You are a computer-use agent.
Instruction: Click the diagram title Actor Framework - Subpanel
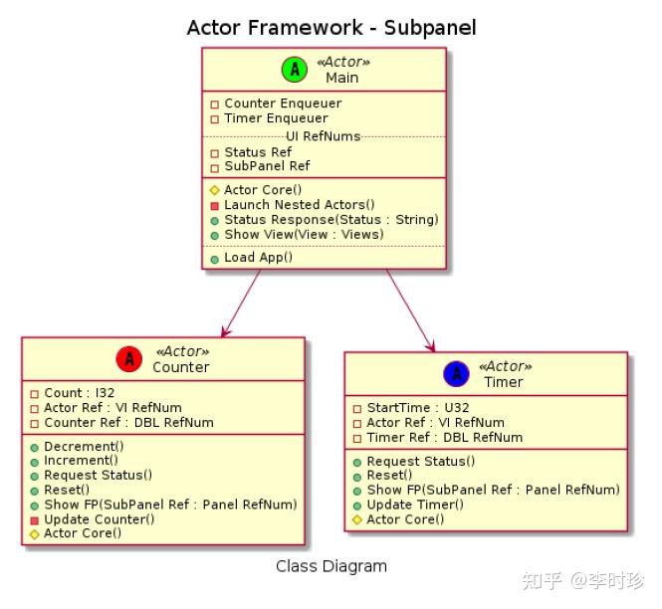(331, 28)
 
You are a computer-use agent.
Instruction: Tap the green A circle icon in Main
(294, 69)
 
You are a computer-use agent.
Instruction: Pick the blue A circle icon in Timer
(456, 373)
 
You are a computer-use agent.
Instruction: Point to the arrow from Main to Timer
(410, 309)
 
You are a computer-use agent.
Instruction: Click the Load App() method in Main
(258, 257)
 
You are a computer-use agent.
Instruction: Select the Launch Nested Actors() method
(299, 204)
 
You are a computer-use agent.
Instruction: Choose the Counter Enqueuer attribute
(283, 103)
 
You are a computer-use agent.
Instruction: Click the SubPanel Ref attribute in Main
(267, 166)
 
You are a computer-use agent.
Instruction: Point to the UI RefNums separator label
(323, 135)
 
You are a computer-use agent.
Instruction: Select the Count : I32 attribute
(79, 393)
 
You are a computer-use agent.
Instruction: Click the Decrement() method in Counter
(84, 446)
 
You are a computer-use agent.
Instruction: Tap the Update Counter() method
(99, 518)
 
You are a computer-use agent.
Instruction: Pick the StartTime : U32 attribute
(417, 407)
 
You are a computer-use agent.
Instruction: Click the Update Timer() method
(415, 505)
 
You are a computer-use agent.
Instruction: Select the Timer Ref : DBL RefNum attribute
(444, 437)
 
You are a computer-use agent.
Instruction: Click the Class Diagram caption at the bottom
(331, 566)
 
